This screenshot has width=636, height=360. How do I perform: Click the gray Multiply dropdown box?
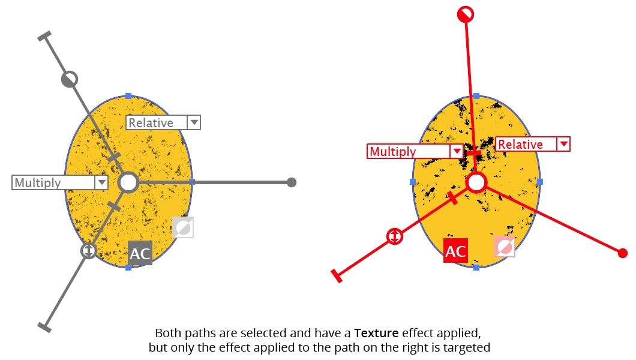[x=59, y=182]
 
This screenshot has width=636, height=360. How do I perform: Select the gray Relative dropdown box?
[x=163, y=122]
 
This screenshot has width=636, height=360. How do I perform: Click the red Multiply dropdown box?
[x=415, y=151]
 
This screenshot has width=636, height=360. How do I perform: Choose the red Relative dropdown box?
[x=532, y=144]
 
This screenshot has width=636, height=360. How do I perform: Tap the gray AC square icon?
[x=140, y=253]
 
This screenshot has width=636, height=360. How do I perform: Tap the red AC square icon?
[x=455, y=251]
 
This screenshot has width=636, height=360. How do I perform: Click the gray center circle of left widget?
[x=128, y=182]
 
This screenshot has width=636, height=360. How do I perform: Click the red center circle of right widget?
[x=476, y=182]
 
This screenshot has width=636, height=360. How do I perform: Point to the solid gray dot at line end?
[x=292, y=182]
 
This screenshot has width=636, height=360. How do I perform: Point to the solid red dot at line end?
[x=622, y=253]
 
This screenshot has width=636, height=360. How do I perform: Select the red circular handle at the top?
[x=466, y=14]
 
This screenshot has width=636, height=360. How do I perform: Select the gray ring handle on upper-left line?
[x=70, y=79]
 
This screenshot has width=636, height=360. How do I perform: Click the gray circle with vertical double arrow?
[x=88, y=250]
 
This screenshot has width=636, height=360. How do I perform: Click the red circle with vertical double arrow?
[x=394, y=236]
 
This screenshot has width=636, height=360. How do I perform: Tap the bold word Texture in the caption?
[x=376, y=332]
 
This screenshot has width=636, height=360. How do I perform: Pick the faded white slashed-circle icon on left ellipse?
[x=182, y=227]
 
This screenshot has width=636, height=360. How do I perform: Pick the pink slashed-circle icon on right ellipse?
[x=504, y=246]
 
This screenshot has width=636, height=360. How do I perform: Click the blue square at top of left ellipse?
[x=128, y=96]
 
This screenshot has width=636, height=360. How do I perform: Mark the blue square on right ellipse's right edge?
[x=540, y=181]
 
